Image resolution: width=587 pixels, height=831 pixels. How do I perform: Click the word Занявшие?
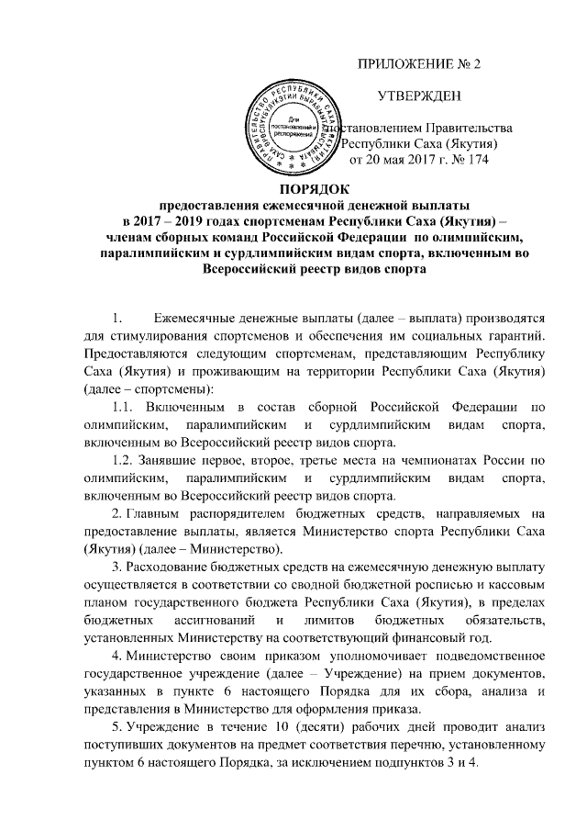[181, 457]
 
